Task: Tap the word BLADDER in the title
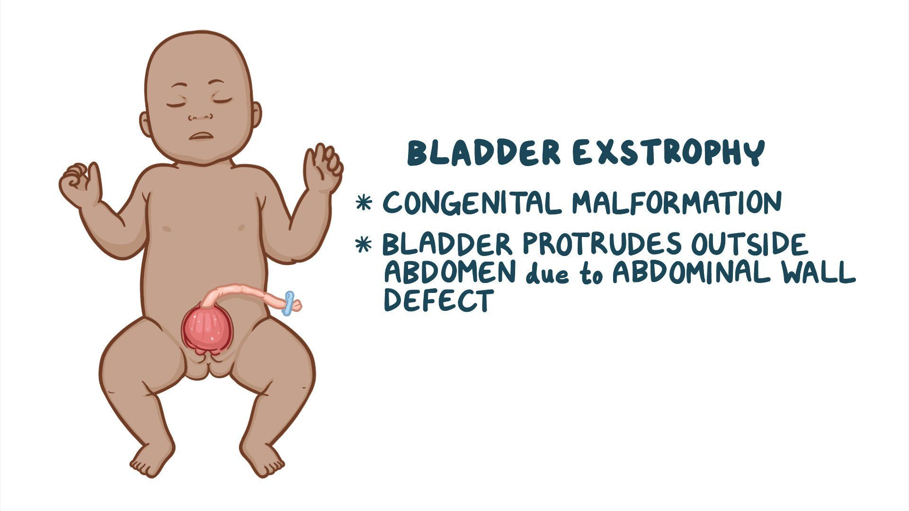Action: coord(484,152)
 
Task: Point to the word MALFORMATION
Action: coord(677,203)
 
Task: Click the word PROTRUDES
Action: coord(601,244)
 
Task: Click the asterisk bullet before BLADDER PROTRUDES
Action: coord(364,245)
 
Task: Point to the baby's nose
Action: coord(201,116)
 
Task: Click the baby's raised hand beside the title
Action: coord(323,167)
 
